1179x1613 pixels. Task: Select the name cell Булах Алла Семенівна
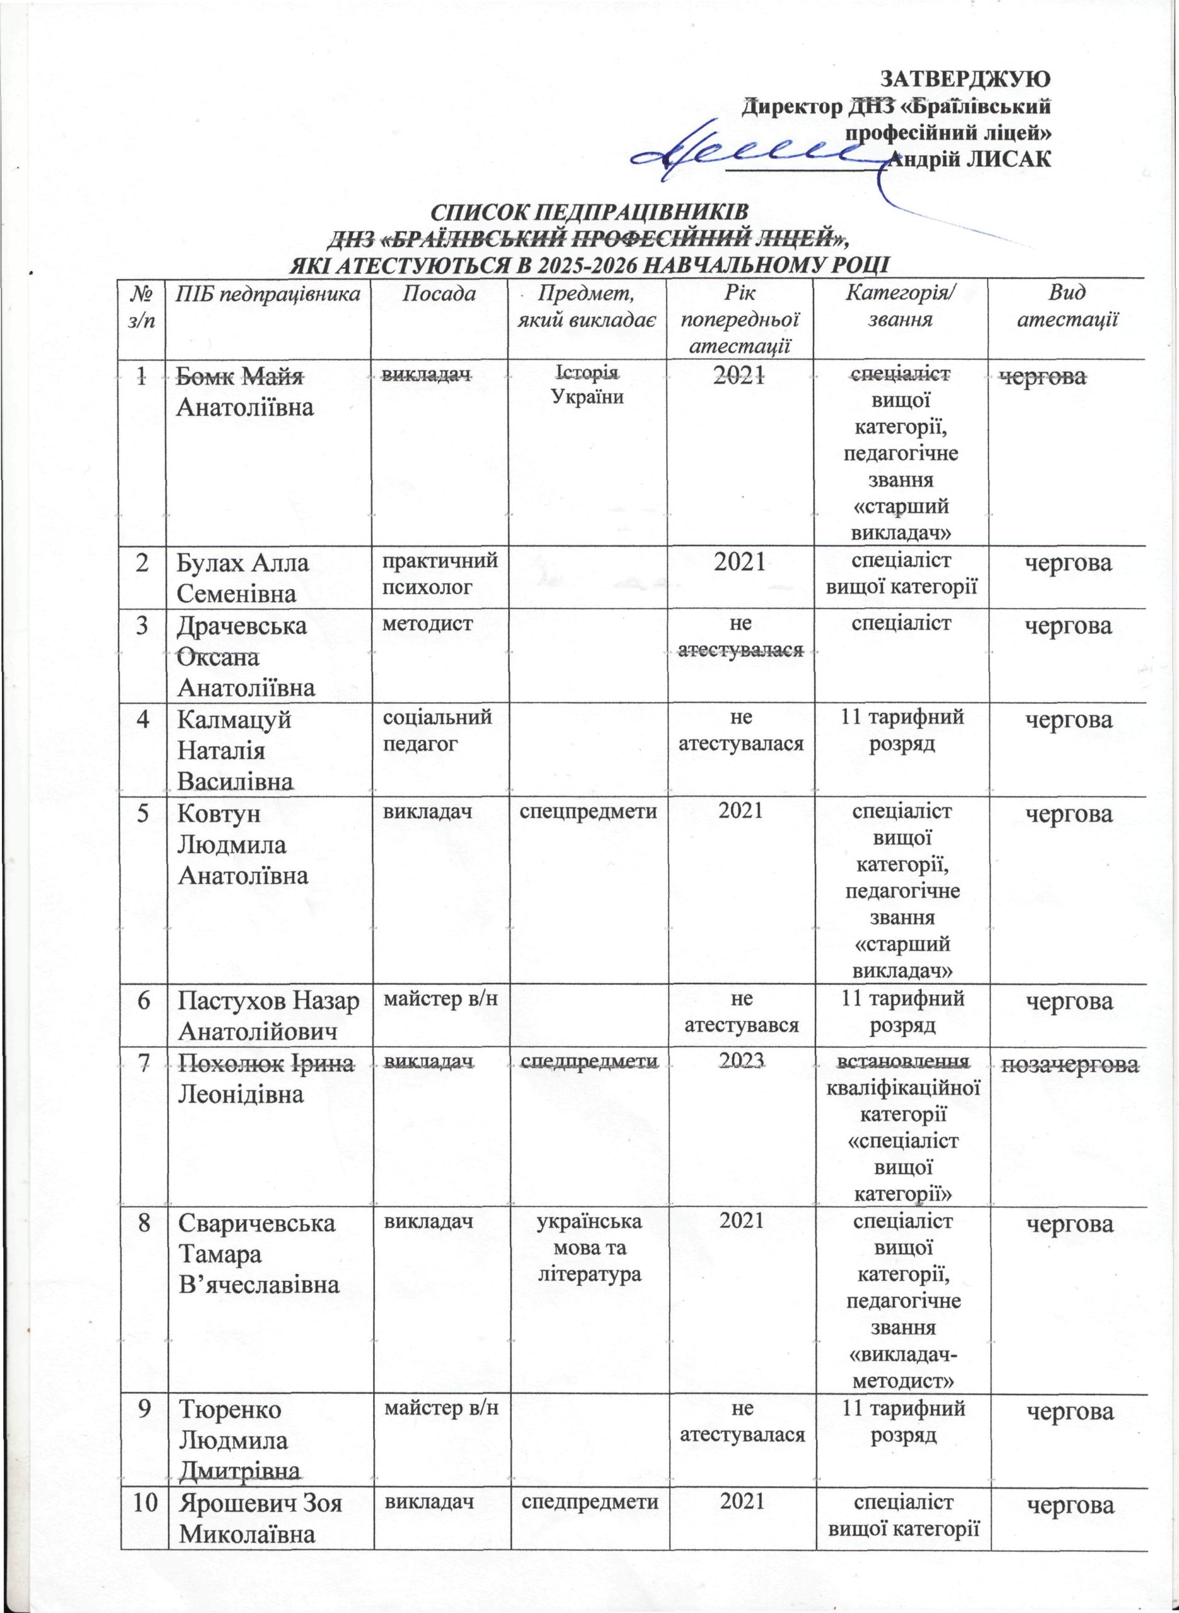pos(243,578)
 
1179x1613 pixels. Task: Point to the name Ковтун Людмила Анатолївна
pos(243,845)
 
